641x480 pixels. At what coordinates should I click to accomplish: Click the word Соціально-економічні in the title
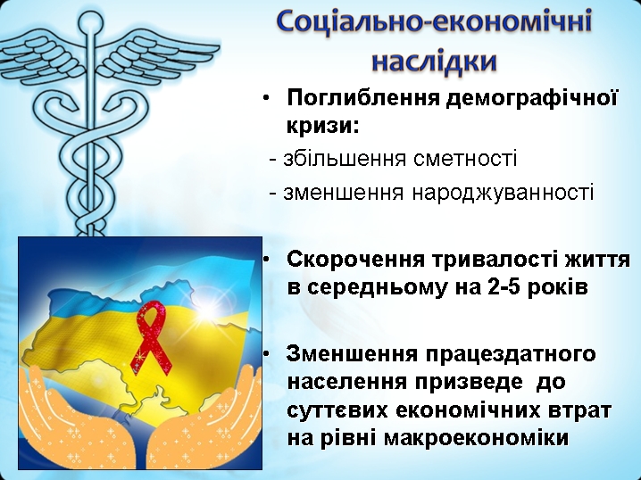(x=434, y=21)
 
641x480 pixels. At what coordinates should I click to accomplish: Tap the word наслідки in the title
(x=434, y=62)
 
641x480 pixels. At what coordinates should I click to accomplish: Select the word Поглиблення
(x=363, y=98)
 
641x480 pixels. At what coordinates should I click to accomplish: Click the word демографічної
(x=531, y=98)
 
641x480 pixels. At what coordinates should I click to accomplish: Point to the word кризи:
(x=323, y=125)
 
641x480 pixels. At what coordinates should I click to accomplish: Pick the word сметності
(x=465, y=159)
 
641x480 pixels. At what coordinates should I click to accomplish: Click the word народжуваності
(x=503, y=193)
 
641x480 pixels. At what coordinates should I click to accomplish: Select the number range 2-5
(x=504, y=286)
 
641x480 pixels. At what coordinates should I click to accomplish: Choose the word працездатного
(x=511, y=354)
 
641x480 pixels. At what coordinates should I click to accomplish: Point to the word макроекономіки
(x=477, y=437)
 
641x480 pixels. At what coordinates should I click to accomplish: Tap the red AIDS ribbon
(x=150, y=337)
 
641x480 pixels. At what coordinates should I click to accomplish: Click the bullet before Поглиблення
(x=266, y=98)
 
